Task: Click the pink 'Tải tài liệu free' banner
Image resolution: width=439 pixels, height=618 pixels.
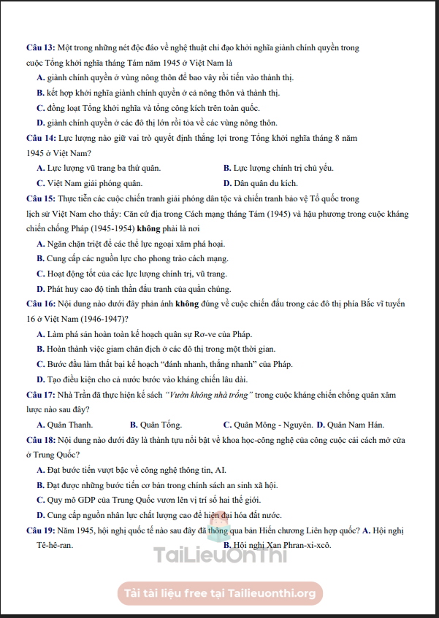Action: pyautogui.click(x=220, y=592)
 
